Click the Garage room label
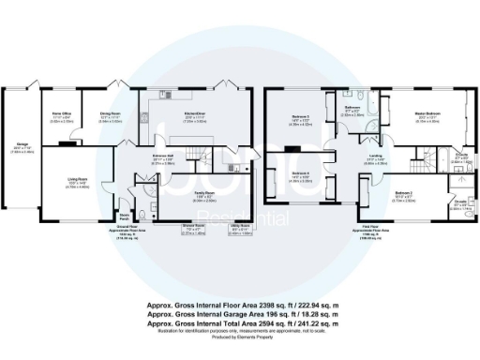[22, 147]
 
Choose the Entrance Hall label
[165, 157]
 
